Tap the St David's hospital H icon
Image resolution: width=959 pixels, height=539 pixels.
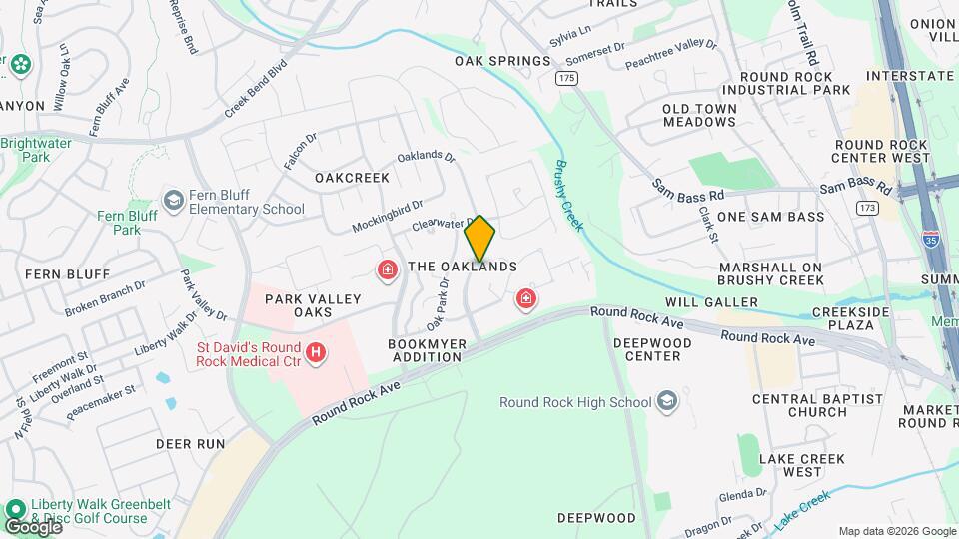pos(316,352)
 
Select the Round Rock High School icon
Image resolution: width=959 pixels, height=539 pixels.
pos(667,402)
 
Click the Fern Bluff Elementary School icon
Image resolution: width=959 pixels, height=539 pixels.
pos(174,201)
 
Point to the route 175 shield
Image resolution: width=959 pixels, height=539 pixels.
pos(567,77)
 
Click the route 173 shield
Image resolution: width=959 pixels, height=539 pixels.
pos(867,207)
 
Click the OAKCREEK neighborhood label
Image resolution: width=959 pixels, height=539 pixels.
pos(352,177)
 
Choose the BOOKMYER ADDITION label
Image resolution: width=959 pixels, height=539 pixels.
pos(425,349)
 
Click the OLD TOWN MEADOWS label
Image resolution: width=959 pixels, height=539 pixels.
pos(699,115)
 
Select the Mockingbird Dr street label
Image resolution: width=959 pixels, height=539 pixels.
pos(387,216)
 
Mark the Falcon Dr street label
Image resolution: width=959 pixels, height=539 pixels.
pos(300,148)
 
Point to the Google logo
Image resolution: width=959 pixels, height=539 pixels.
pos(32,527)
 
